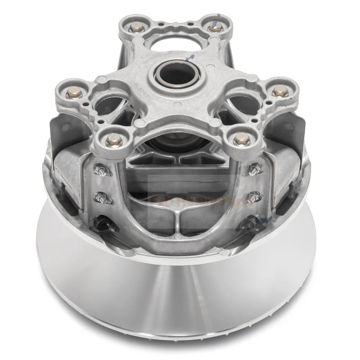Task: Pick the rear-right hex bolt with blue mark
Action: coord(212,26)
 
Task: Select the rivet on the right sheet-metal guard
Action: coord(289,126)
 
